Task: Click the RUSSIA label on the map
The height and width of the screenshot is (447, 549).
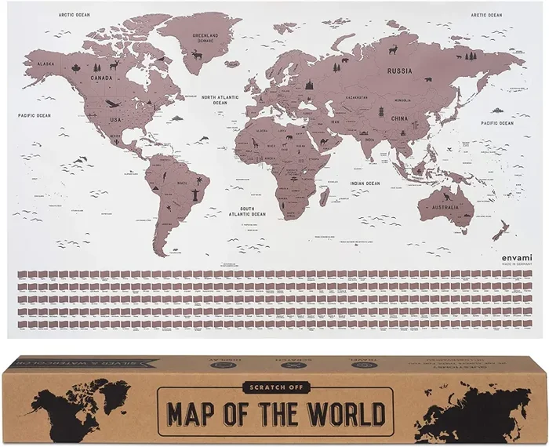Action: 400,70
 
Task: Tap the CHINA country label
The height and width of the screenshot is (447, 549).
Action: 400,120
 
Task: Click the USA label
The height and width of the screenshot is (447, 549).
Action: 115,119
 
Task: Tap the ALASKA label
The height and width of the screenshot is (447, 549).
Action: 45,64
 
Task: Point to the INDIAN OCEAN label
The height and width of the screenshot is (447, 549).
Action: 365,184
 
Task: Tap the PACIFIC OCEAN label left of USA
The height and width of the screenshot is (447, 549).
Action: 35,115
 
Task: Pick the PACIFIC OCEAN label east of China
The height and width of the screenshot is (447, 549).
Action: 497,123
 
